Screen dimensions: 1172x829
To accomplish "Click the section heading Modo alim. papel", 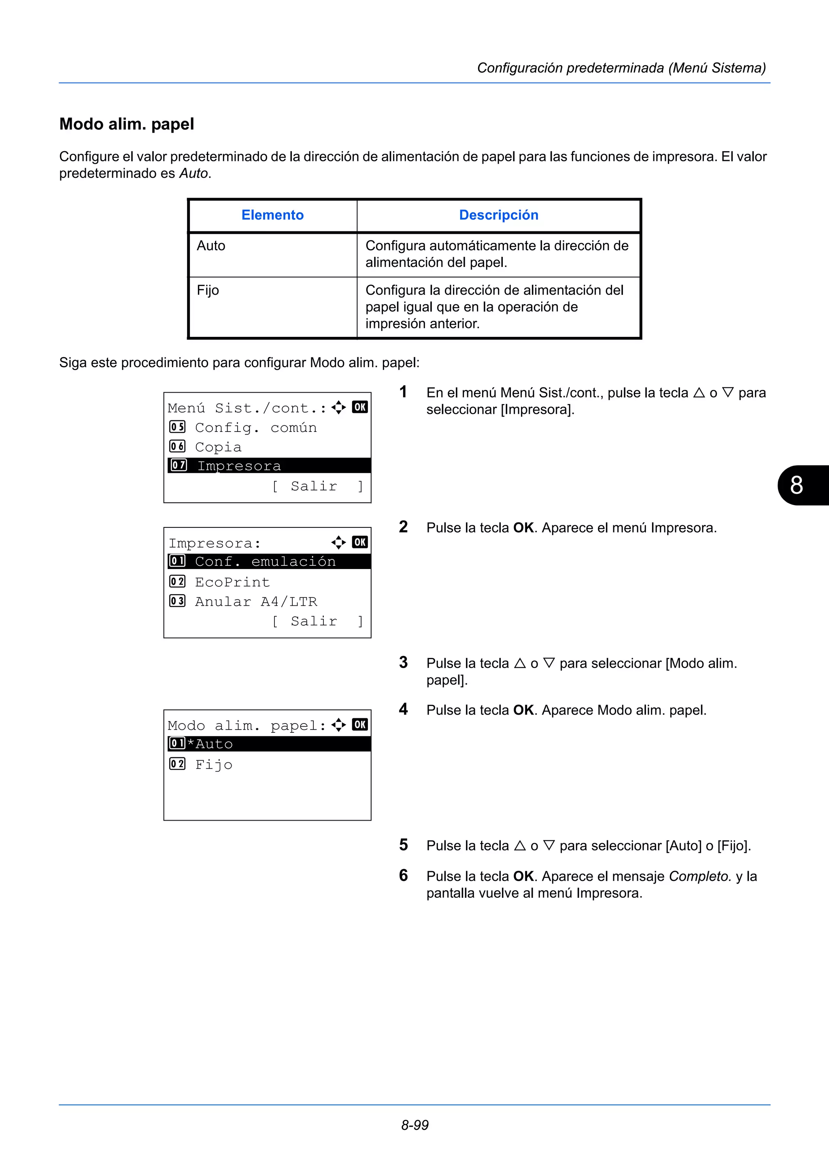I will (x=127, y=124).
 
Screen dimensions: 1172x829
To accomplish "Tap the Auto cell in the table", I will (x=211, y=246).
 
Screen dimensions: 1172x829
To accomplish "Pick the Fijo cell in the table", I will (x=208, y=290).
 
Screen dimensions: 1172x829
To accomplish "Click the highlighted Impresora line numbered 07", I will (x=239, y=466).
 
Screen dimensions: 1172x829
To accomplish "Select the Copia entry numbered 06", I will (x=218, y=447).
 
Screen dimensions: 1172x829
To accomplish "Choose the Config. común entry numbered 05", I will (x=255, y=428).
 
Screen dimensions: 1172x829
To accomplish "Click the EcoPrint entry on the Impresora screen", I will (x=232, y=582).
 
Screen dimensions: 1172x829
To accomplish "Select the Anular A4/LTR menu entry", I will (x=256, y=602).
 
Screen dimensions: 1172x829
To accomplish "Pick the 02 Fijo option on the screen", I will (x=213, y=765).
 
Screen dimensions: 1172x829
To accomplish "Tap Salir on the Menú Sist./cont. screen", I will (x=314, y=487).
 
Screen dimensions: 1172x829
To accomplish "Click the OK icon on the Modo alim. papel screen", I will (x=359, y=725).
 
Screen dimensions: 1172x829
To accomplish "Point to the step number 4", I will (x=404, y=709).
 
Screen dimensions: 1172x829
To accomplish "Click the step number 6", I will (x=404, y=876).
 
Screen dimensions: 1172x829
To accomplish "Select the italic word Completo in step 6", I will (x=699, y=876).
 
